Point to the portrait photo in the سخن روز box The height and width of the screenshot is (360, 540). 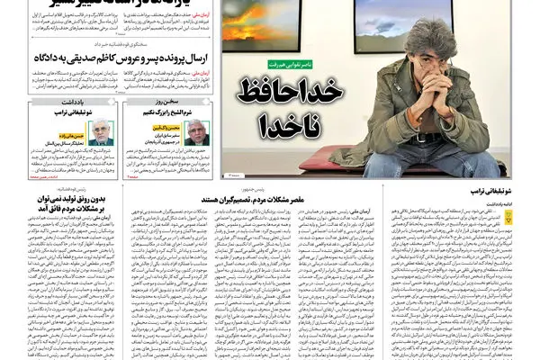point(197,132)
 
